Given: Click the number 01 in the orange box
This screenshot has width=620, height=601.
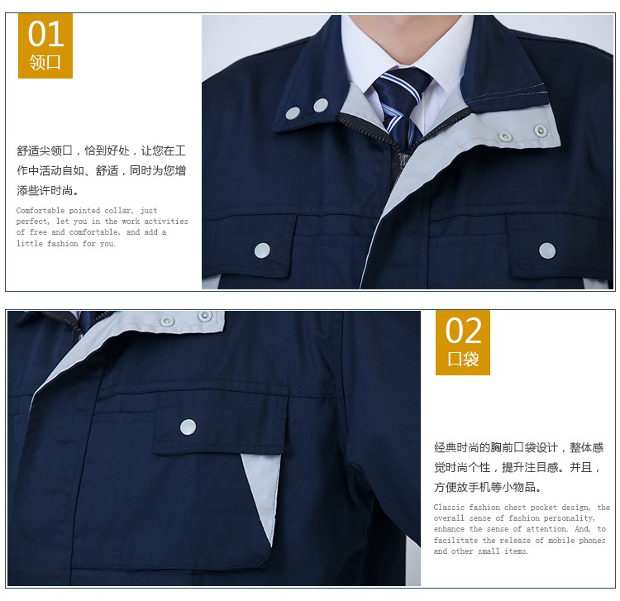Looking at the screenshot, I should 45,34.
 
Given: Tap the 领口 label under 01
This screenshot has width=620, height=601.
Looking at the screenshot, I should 45,62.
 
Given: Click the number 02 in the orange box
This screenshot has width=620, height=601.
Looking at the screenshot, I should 463,331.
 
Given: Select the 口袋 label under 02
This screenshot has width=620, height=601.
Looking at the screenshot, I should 463,360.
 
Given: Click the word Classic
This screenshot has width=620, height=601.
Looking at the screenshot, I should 450,508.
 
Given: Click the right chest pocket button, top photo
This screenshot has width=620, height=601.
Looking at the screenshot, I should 547,250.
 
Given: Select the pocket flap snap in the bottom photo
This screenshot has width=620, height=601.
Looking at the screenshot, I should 188,427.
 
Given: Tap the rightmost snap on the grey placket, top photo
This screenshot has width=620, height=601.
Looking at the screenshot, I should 541,131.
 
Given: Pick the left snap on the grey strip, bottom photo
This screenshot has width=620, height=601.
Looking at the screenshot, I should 168,320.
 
